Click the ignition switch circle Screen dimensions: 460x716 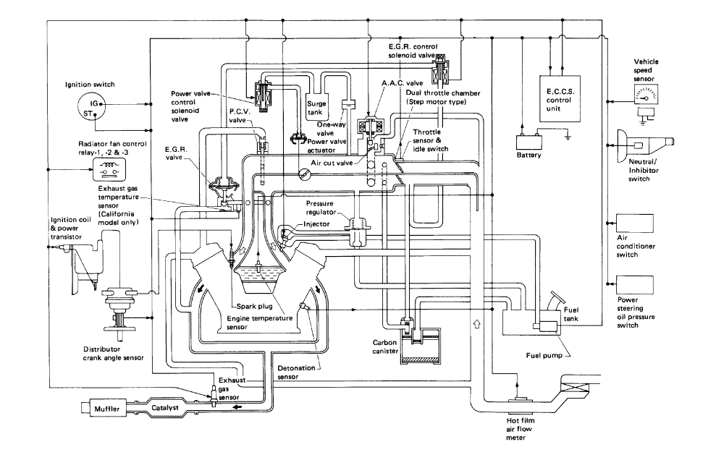click(90, 108)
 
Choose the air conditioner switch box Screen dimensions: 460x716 click(634, 222)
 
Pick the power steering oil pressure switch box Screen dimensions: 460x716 click(634, 284)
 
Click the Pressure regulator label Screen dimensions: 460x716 click(327, 208)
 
